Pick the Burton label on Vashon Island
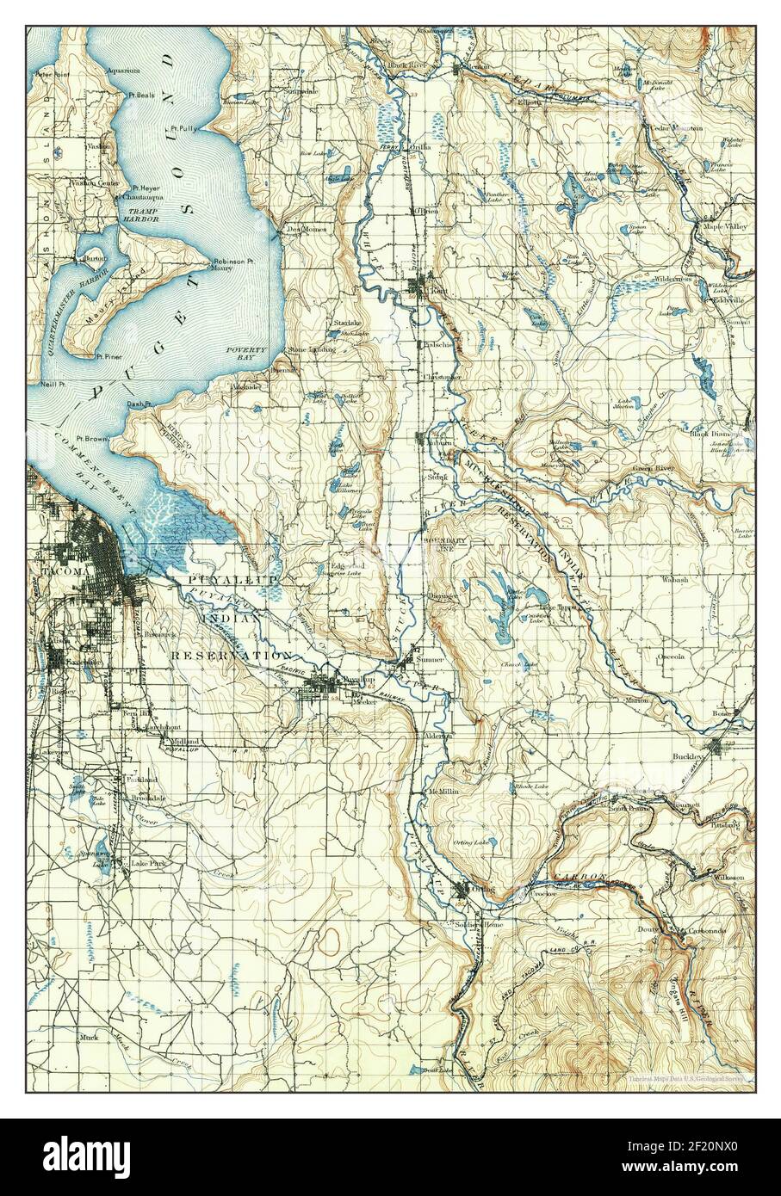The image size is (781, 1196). coord(94,256)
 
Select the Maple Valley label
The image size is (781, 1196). coord(726,226)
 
